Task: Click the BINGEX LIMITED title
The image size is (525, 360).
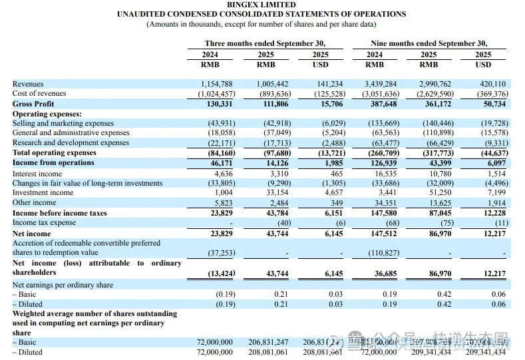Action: pyautogui.click(x=262, y=5)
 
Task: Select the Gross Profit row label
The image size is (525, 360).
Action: pyautogui.click(x=33, y=104)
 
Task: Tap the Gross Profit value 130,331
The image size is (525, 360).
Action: pyautogui.click(x=219, y=104)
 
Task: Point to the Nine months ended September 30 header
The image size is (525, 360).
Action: pyautogui.click(x=429, y=43)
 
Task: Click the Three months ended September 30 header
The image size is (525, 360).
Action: pyautogui.click(x=265, y=43)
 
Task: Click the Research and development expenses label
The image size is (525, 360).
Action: pyautogui.click(x=71, y=142)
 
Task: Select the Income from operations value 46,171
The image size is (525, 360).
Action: pyautogui.click(x=222, y=162)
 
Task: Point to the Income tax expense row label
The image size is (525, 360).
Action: pyautogui.click(x=44, y=223)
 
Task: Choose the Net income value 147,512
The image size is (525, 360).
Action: pyautogui.click(x=383, y=234)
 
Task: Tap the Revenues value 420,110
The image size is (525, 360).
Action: pyautogui.click(x=492, y=84)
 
